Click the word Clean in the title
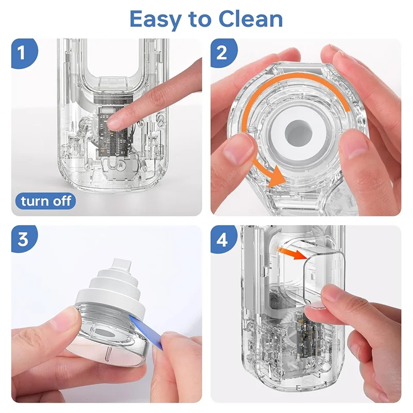(250, 19)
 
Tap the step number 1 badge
(24, 53)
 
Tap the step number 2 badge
(223, 53)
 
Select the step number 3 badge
(24, 239)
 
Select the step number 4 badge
(223, 240)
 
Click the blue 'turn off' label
(45, 201)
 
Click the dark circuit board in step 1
(113, 132)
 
